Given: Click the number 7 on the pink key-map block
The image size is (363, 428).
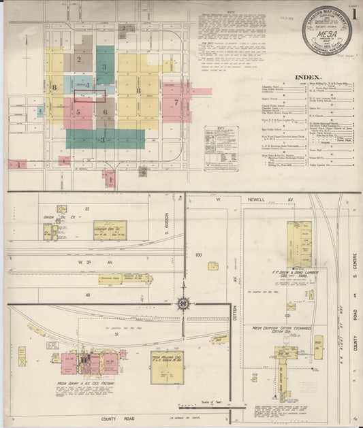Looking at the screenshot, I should (176, 103).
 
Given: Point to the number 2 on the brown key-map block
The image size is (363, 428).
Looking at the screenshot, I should (79, 60).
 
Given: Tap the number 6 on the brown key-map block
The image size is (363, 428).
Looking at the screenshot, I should (105, 112).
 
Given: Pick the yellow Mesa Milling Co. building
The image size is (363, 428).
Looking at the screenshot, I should (167, 367).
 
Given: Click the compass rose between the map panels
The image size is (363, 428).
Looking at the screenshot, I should (185, 304).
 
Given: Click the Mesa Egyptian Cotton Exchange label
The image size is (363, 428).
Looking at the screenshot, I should (282, 328).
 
